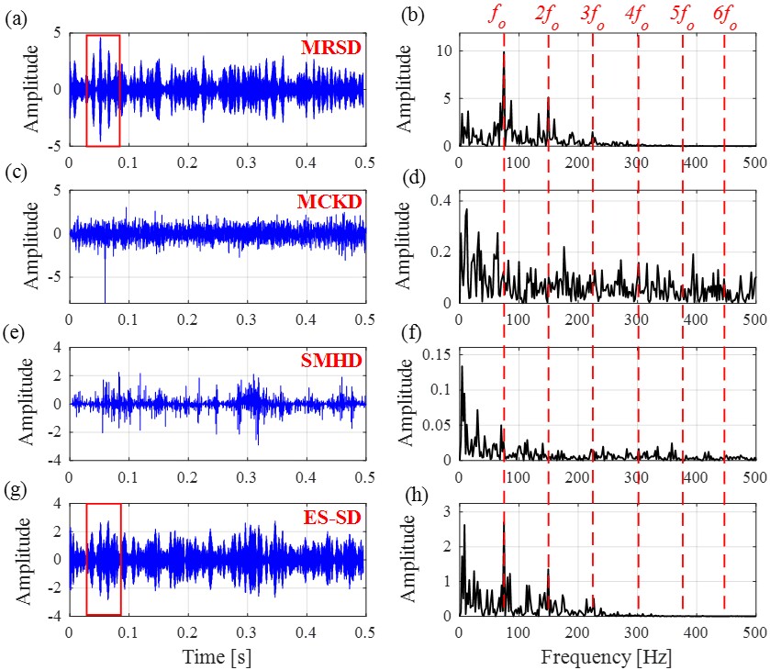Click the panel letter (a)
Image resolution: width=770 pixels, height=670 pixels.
(x=15, y=17)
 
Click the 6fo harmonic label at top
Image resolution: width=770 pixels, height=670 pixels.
(x=725, y=16)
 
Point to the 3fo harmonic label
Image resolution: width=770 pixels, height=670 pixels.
(x=593, y=16)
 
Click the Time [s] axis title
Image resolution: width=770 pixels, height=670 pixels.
(x=218, y=655)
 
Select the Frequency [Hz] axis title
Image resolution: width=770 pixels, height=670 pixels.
(x=606, y=655)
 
